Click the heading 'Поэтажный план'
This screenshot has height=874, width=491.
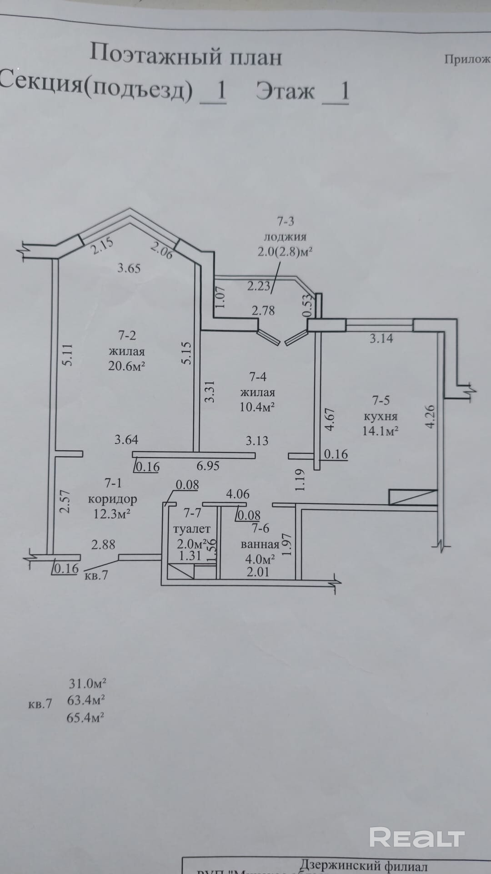(x=185, y=55)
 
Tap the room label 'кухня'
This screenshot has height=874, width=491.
(x=381, y=417)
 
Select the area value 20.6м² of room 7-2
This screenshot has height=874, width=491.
(x=126, y=366)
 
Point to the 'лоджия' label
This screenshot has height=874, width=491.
(x=285, y=237)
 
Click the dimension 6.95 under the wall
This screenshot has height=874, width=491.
(x=208, y=466)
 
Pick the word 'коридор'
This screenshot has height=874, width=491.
(x=112, y=499)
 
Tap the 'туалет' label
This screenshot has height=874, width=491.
(x=192, y=529)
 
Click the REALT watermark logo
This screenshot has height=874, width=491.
(x=416, y=837)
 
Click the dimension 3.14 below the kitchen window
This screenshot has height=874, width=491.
(x=381, y=339)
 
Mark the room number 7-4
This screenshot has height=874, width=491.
(x=258, y=377)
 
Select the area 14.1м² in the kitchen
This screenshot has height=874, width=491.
(x=381, y=431)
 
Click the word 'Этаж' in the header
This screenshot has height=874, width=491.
(x=285, y=91)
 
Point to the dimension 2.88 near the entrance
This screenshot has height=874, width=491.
(x=103, y=544)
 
